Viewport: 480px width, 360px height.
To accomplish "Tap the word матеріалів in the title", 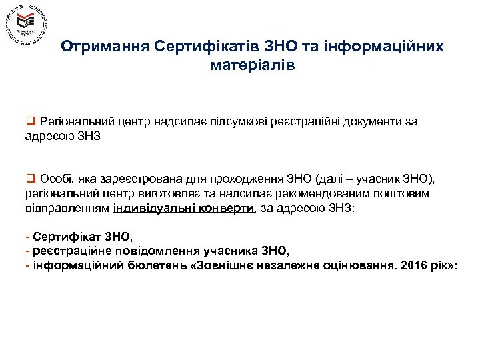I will point(251,66).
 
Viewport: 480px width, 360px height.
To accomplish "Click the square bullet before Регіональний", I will point(30,121).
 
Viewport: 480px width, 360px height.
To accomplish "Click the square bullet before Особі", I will point(30,179).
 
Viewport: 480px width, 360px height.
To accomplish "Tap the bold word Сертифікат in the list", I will point(59,237).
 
